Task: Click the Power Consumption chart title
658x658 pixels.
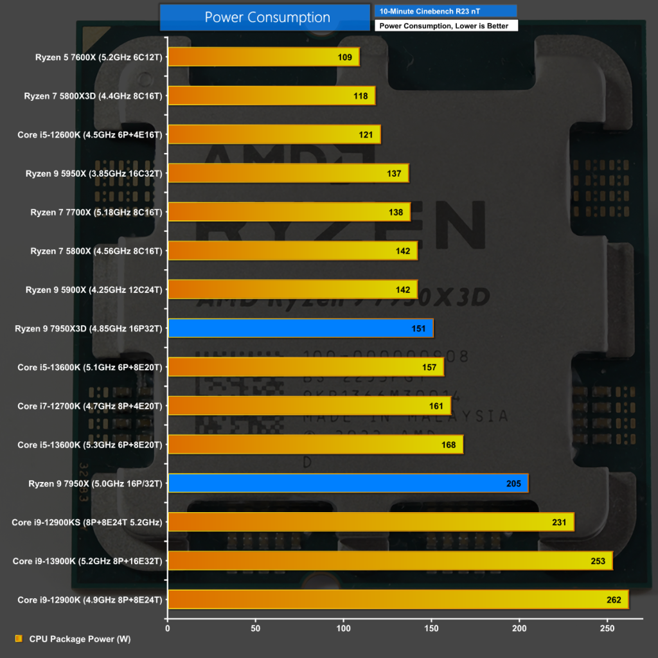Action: [267, 17]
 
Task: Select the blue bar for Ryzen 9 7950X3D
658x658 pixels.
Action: [300, 328]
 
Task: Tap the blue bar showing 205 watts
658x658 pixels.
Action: [348, 483]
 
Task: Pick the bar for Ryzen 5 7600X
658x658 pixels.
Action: [263, 57]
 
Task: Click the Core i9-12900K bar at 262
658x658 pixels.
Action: [398, 600]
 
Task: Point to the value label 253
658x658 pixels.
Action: [598, 561]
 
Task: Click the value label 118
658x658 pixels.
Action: [360, 96]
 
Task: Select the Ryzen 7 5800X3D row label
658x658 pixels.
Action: [93, 96]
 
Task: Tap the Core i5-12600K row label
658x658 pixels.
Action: [90, 135]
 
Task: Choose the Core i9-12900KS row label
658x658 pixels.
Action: [87, 522]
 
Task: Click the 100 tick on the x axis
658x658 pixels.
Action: [344, 628]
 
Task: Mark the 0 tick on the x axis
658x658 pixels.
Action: [168, 628]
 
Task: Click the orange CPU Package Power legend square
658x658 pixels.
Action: [18, 639]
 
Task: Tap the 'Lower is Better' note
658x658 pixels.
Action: [444, 26]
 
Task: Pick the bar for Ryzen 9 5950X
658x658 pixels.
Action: [288, 173]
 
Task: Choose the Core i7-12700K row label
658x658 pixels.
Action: [90, 406]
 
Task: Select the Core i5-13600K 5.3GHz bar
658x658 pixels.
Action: [315, 445]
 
